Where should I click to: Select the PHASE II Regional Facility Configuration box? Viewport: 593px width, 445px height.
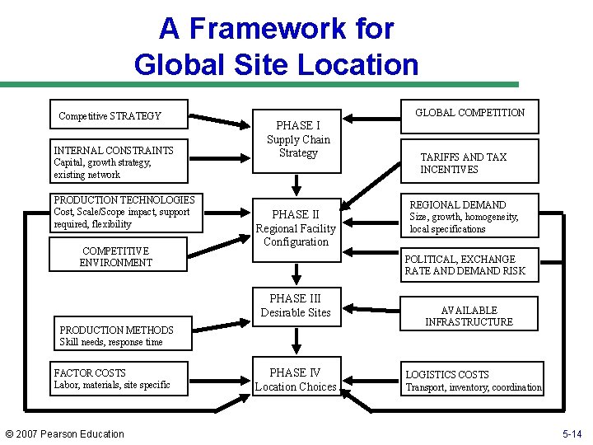[296, 228]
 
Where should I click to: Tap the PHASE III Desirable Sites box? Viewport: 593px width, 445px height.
[296, 305]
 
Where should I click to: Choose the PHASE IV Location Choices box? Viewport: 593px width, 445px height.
[296, 380]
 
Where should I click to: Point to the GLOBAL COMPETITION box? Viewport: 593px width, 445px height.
[469, 113]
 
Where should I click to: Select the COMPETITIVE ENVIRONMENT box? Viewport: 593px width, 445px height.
[116, 256]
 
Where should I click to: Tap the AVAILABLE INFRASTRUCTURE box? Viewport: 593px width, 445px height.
[469, 316]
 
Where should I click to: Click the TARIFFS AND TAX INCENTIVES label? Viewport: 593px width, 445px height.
[463, 163]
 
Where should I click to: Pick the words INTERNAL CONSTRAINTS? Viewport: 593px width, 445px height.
[114, 151]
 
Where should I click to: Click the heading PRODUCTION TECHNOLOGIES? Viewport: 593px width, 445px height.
[124, 200]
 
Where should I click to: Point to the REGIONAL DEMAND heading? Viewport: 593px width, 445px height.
[458, 205]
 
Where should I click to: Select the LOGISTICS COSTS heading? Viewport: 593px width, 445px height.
[447, 375]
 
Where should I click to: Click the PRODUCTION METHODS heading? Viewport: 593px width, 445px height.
[116, 330]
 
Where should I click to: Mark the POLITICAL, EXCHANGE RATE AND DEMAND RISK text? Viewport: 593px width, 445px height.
[465, 265]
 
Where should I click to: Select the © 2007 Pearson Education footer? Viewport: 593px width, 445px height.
[64, 434]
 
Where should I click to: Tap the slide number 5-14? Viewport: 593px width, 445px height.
[572, 434]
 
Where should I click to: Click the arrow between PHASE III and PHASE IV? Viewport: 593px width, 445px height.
[296, 343]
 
